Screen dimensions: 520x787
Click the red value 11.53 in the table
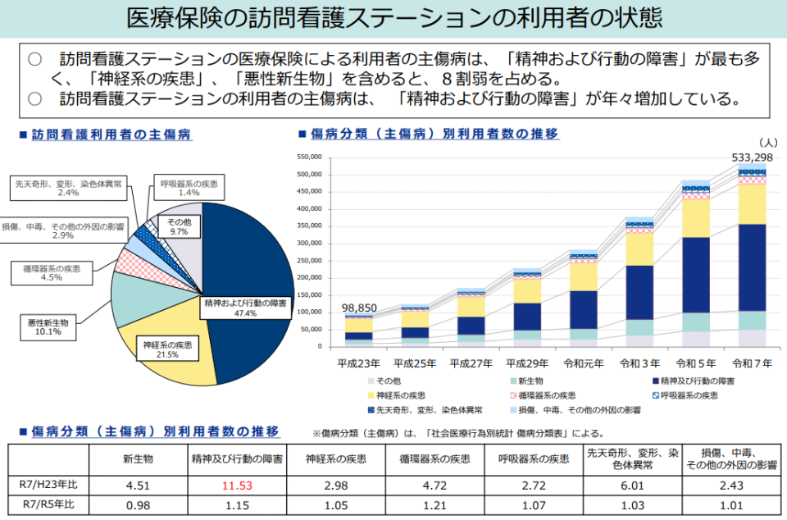click(x=237, y=485)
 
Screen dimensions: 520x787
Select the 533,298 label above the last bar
click(x=752, y=157)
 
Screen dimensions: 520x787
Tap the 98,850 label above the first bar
click(x=358, y=308)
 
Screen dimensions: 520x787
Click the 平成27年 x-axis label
click(x=471, y=363)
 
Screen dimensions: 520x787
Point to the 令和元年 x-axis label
click(x=583, y=363)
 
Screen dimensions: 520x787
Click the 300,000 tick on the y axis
click(x=307, y=243)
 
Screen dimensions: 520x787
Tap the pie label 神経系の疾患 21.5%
click(x=167, y=349)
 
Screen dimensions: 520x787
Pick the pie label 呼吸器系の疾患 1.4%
click(x=189, y=188)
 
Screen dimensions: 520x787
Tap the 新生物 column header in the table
click(x=138, y=458)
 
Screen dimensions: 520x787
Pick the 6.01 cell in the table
click(x=632, y=485)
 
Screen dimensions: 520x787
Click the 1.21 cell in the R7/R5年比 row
click(x=434, y=504)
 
